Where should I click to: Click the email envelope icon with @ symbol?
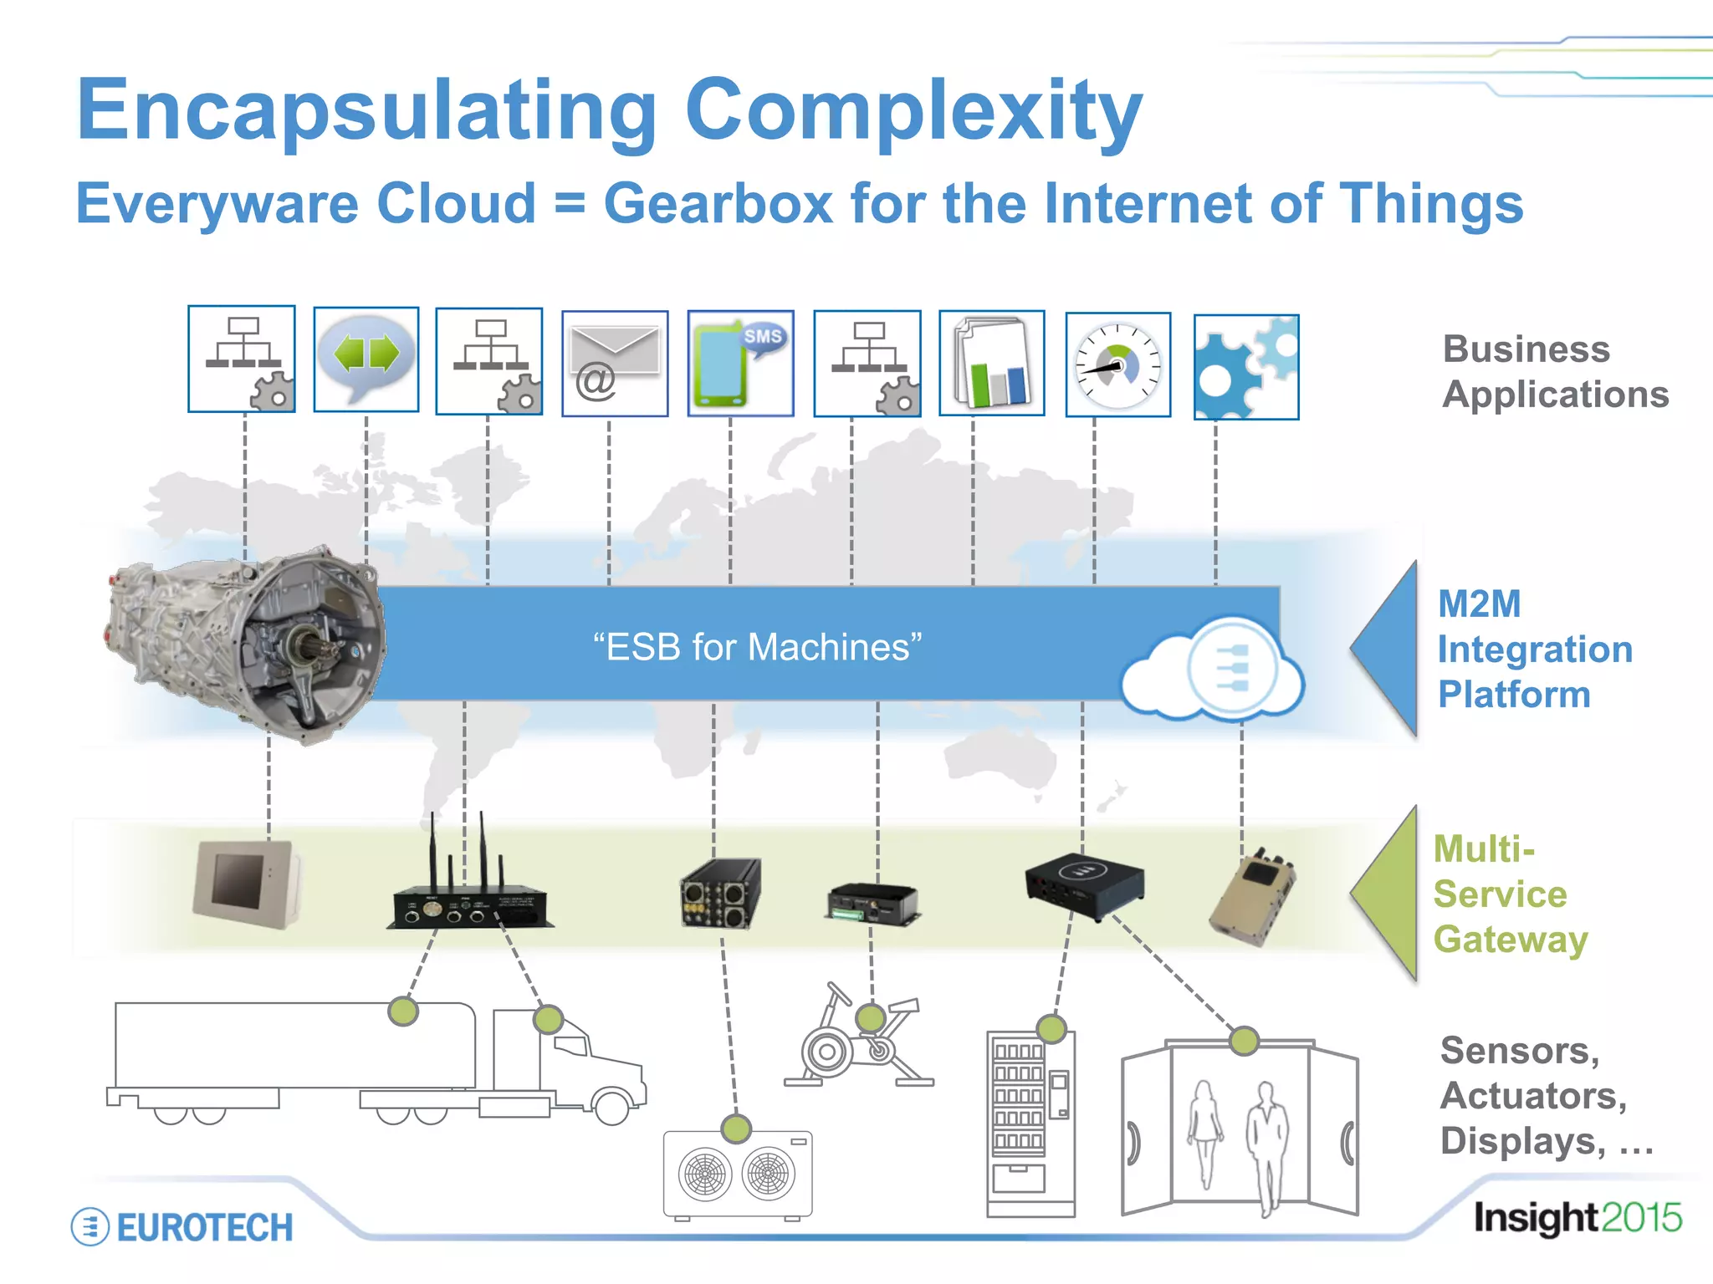(615, 364)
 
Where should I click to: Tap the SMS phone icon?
(740, 364)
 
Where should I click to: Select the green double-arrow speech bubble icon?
(366, 359)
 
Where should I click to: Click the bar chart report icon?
(992, 363)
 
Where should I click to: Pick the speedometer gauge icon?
(1118, 365)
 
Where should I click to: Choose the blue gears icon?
(1245, 368)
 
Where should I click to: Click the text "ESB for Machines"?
(757, 647)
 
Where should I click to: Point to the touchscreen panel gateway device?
(244, 884)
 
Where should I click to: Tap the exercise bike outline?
(857, 1041)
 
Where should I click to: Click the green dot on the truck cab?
(548, 1019)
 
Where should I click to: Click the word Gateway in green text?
(1511, 940)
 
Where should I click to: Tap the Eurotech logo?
(182, 1227)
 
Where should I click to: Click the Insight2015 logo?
(1577, 1218)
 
